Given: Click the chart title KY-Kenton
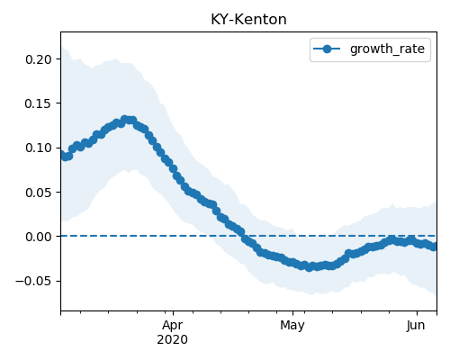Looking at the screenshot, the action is (x=248, y=20).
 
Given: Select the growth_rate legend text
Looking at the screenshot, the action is (x=387, y=49).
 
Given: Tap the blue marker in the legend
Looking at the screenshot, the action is (x=327, y=49).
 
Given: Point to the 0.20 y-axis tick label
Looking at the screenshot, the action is (x=39, y=59).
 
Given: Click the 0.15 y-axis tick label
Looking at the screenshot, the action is (x=39, y=103).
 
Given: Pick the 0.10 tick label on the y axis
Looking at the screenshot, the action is (x=39, y=148).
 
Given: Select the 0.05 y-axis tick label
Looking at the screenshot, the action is (x=39, y=193).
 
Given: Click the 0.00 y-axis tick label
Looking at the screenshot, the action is (x=39, y=237).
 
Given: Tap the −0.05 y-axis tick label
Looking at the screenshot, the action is (x=34, y=281).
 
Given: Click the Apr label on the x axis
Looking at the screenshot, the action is (x=173, y=326).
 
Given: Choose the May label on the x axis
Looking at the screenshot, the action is (x=292, y=326).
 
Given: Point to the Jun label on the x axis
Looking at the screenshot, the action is (x=416, y=326).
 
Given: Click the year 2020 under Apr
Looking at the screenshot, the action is (x=173, y=339).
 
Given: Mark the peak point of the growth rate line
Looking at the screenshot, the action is (x=125, y=120).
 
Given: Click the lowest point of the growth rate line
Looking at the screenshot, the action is (x=309, y=267).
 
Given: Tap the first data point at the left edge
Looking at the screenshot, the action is (x=61, y=155).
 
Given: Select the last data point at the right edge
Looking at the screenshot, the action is (x=434, y=247).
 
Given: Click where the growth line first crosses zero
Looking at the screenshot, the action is (x=244, y=236).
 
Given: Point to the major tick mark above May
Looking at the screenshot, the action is (x=292, y=313).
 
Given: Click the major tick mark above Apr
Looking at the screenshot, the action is (x=173, y=313).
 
